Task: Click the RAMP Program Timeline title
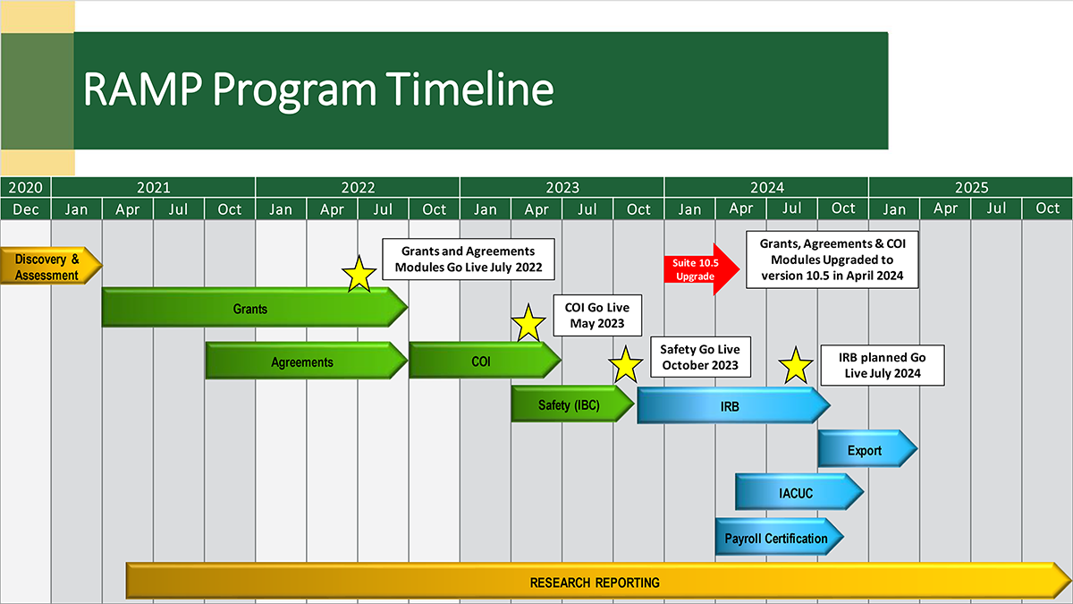317,90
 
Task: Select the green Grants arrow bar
251,308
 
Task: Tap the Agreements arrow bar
303,362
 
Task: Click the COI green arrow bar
482,362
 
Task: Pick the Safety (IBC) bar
570,404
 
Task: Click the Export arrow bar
865,450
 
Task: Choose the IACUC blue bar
795,492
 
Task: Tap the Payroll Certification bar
776,539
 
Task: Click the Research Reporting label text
595,583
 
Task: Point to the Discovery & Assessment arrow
49,267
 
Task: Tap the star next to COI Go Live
528,323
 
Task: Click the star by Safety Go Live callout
625,366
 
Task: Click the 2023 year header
562,188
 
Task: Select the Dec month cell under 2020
25,209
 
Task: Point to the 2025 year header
970,188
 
